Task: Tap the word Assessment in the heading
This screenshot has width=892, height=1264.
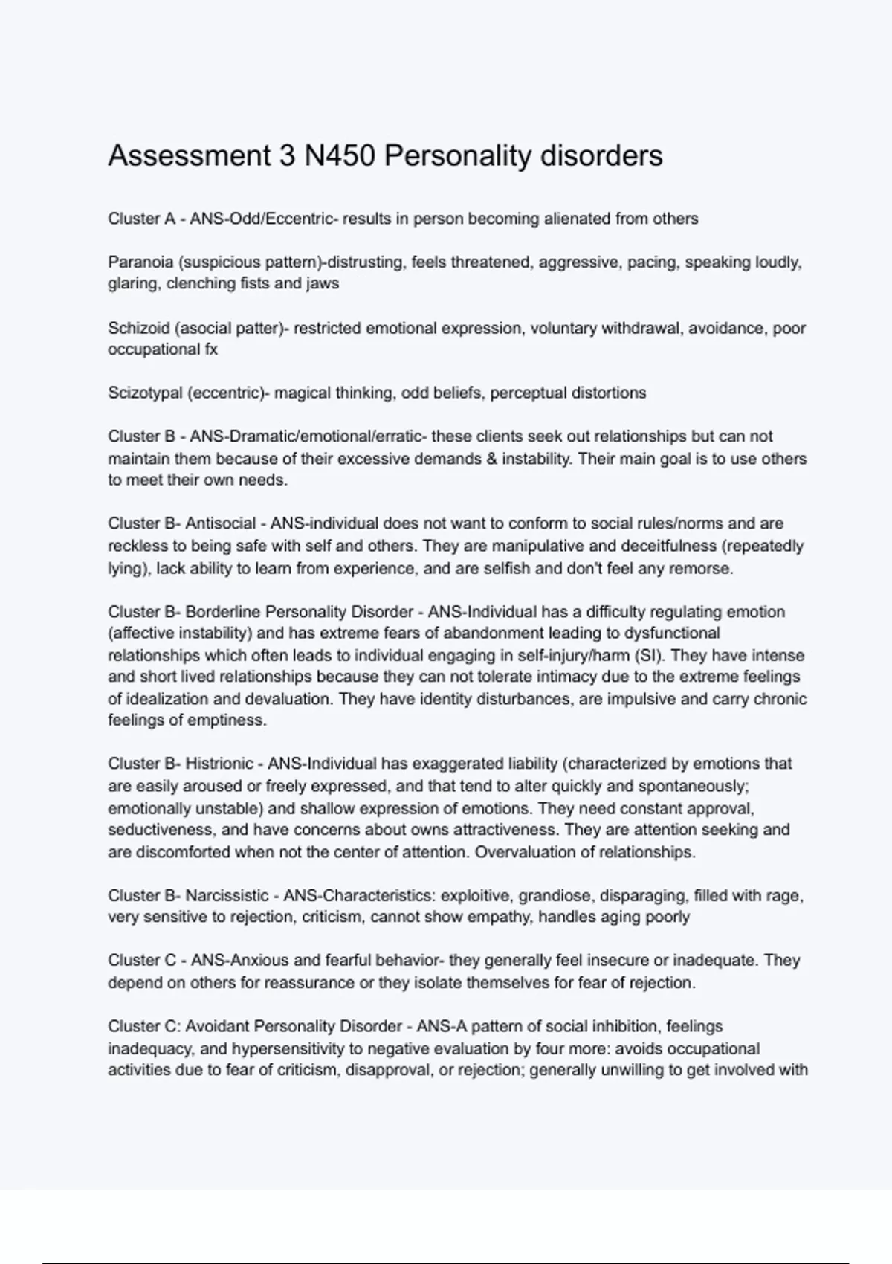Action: click(x=190, y=156)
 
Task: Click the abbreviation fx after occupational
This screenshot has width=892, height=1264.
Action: click(x=210, y=349)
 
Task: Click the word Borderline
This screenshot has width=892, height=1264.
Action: click(x=222, y=612)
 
